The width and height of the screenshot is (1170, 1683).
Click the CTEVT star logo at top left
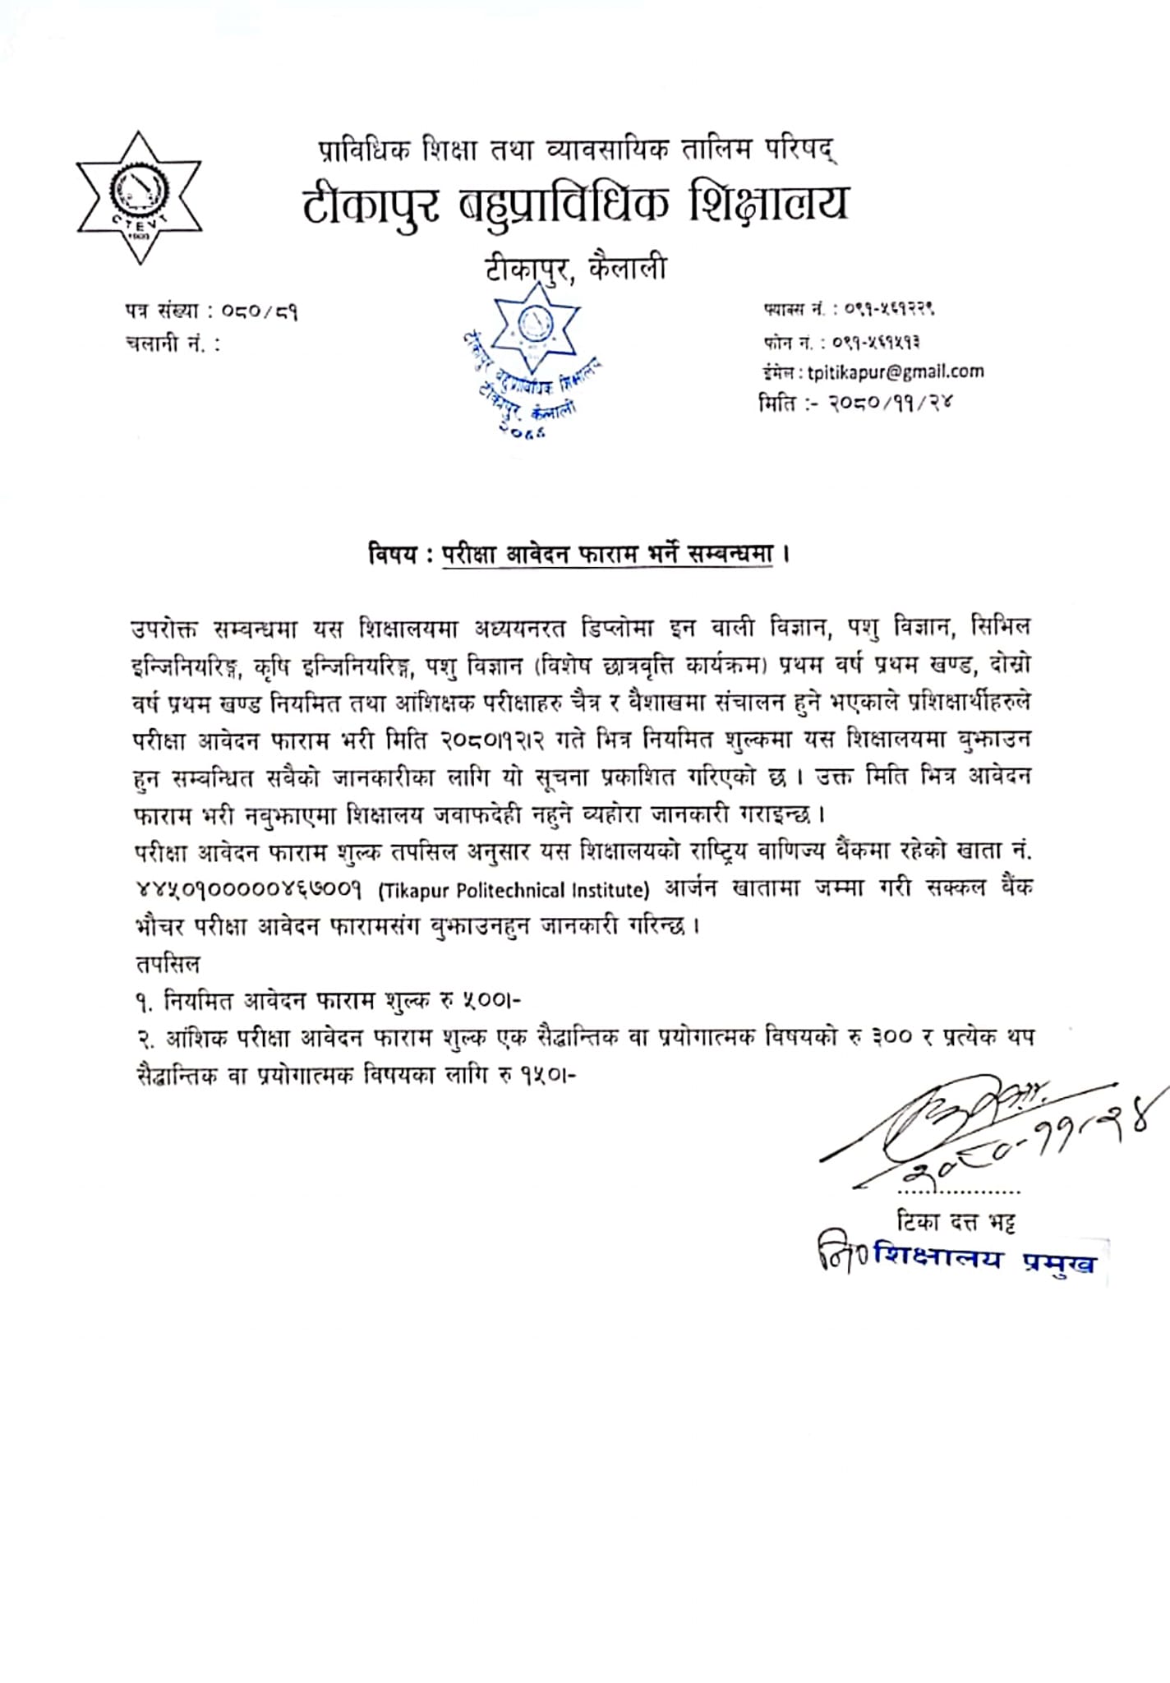point(139,198)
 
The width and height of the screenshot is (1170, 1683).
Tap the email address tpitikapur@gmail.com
point(895,372)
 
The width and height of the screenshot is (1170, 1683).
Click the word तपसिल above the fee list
point(167,963)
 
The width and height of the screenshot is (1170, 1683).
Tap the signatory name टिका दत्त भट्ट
point(956,1223)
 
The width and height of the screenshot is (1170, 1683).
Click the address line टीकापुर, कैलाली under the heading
point(574,269)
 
